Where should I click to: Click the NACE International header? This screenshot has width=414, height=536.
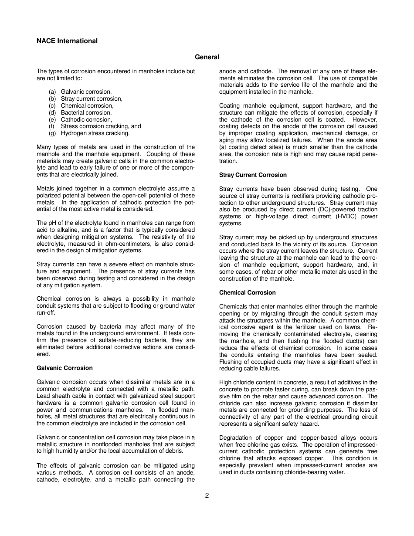click(67, 41)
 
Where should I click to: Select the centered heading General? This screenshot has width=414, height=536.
click(207, 57)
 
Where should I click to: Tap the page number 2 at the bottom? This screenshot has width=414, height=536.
click(207, 495)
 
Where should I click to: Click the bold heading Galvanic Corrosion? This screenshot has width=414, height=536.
click(64, 368)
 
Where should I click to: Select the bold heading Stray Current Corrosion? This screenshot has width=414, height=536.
click(253, 175)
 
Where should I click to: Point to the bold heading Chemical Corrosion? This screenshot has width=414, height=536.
click(247, 293)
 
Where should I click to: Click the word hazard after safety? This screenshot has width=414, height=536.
click(307, 424)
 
